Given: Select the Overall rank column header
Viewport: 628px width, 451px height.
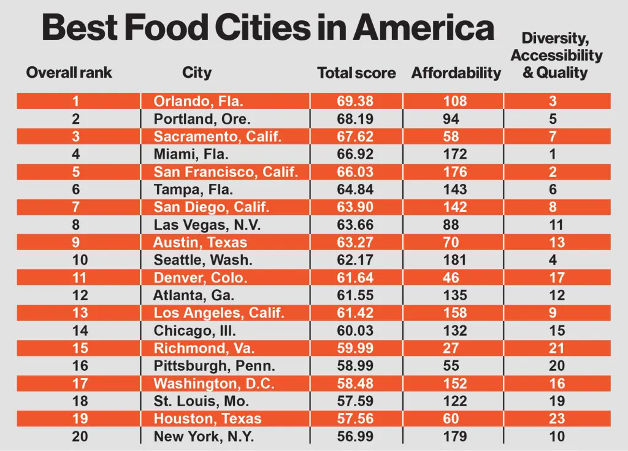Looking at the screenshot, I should click(x=69, y=73).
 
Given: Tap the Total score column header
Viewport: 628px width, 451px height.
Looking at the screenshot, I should click(x=356, y=74).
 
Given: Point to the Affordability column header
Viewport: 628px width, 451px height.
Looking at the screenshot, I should click(x=456, y=74).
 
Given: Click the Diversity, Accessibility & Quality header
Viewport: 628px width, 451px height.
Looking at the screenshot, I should click(x=556, y=56).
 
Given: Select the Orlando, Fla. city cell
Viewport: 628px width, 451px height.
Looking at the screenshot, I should click(x=198, y=101).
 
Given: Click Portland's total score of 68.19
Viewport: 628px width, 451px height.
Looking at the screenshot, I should click(x=355, y=119).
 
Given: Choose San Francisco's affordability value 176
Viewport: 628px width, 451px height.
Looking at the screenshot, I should click(x=455, y=172).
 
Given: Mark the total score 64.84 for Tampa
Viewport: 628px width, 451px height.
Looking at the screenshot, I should click(x=355, y=190).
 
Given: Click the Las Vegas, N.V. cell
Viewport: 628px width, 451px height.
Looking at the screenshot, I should click(x=207, y=225).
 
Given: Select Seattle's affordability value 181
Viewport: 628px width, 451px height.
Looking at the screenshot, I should click(x=455, y=260).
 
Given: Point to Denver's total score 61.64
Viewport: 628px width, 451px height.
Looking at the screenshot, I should click(x=355, y=278).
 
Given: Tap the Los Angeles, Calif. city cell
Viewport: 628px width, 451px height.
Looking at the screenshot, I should click(x=219, y=314).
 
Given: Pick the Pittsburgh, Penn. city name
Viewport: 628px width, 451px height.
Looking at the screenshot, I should click(x=214, y=366).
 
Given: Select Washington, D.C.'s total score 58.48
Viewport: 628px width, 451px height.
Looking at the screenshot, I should click(x=355, y=384).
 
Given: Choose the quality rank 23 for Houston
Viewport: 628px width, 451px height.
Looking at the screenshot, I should click(x=557, y=419).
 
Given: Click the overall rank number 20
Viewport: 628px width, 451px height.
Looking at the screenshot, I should click(x=80, y=437).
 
